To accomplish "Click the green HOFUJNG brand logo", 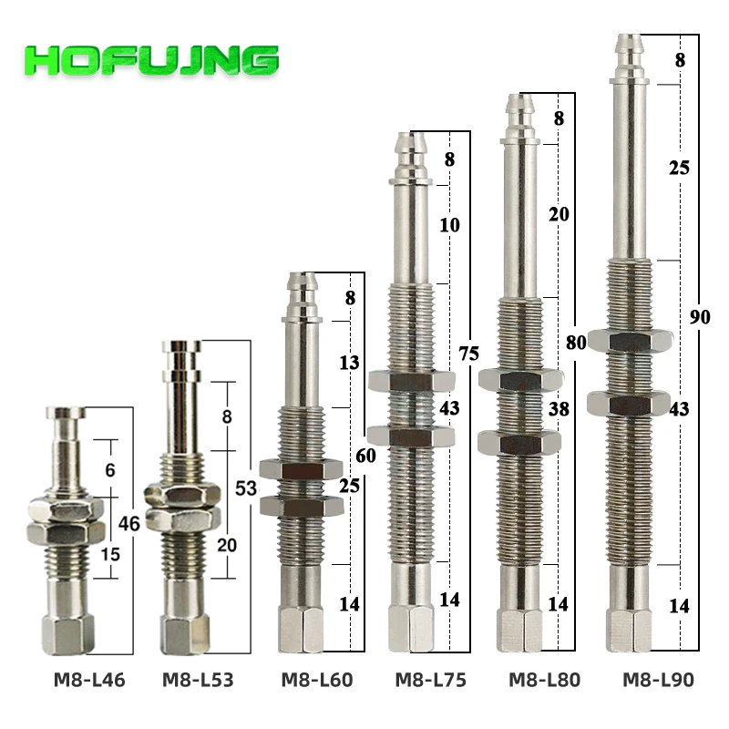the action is click(151, 60).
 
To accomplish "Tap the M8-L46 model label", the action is click(89, 680).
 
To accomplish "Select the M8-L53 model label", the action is click(198, 680).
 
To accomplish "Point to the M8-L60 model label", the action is click(317, 680).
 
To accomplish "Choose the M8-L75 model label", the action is click(430, 680).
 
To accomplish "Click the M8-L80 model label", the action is click(544, 680).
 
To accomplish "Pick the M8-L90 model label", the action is click(658, 680).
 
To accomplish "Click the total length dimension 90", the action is click(700, 317).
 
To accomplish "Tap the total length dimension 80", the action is click(576, 343).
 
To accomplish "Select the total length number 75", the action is click(468, 354).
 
